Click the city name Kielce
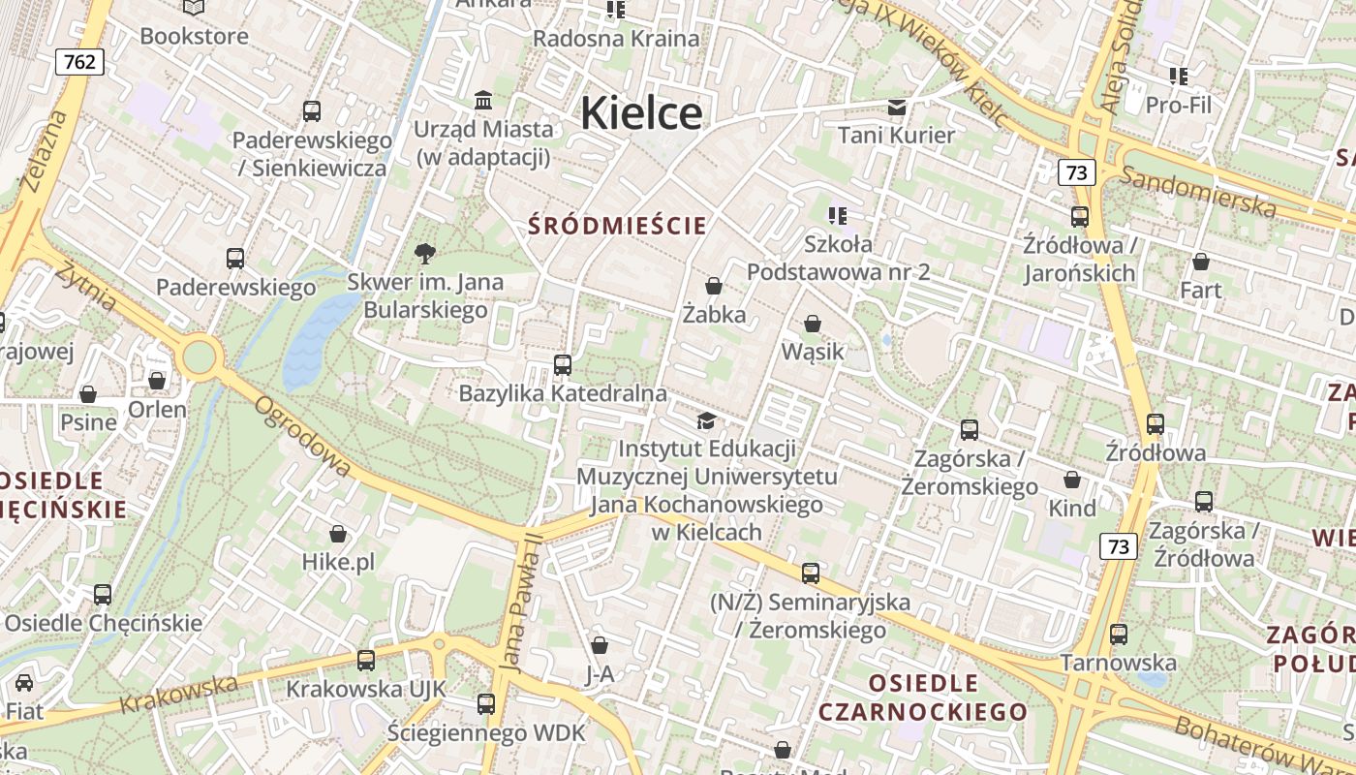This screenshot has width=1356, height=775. [641, 113]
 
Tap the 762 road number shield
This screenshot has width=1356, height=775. [79, 62]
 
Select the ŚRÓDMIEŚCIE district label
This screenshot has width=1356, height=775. [618, 226]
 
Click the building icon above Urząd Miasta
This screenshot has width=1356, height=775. [483, 101]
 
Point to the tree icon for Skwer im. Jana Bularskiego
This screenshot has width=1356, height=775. [424, 255]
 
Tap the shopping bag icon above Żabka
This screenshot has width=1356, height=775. [714, 286]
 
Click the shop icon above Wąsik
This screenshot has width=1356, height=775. [813, 324]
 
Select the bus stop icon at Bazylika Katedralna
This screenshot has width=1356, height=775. [563, 365]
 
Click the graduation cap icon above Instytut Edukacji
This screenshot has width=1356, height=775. [707, 421]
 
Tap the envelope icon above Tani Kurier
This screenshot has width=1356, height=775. [897, 107]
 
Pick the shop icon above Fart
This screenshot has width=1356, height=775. [1200, 262]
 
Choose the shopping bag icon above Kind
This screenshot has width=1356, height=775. [1072, 480]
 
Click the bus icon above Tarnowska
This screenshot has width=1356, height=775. [1119, 635]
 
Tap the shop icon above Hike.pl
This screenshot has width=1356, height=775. [338, 534]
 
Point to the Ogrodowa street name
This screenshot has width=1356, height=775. [301, 436]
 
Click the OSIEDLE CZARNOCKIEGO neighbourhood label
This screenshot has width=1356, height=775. [922, 697]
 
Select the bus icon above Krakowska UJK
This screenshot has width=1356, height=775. [366, 661]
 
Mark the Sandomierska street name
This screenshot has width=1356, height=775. [1199, 192]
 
